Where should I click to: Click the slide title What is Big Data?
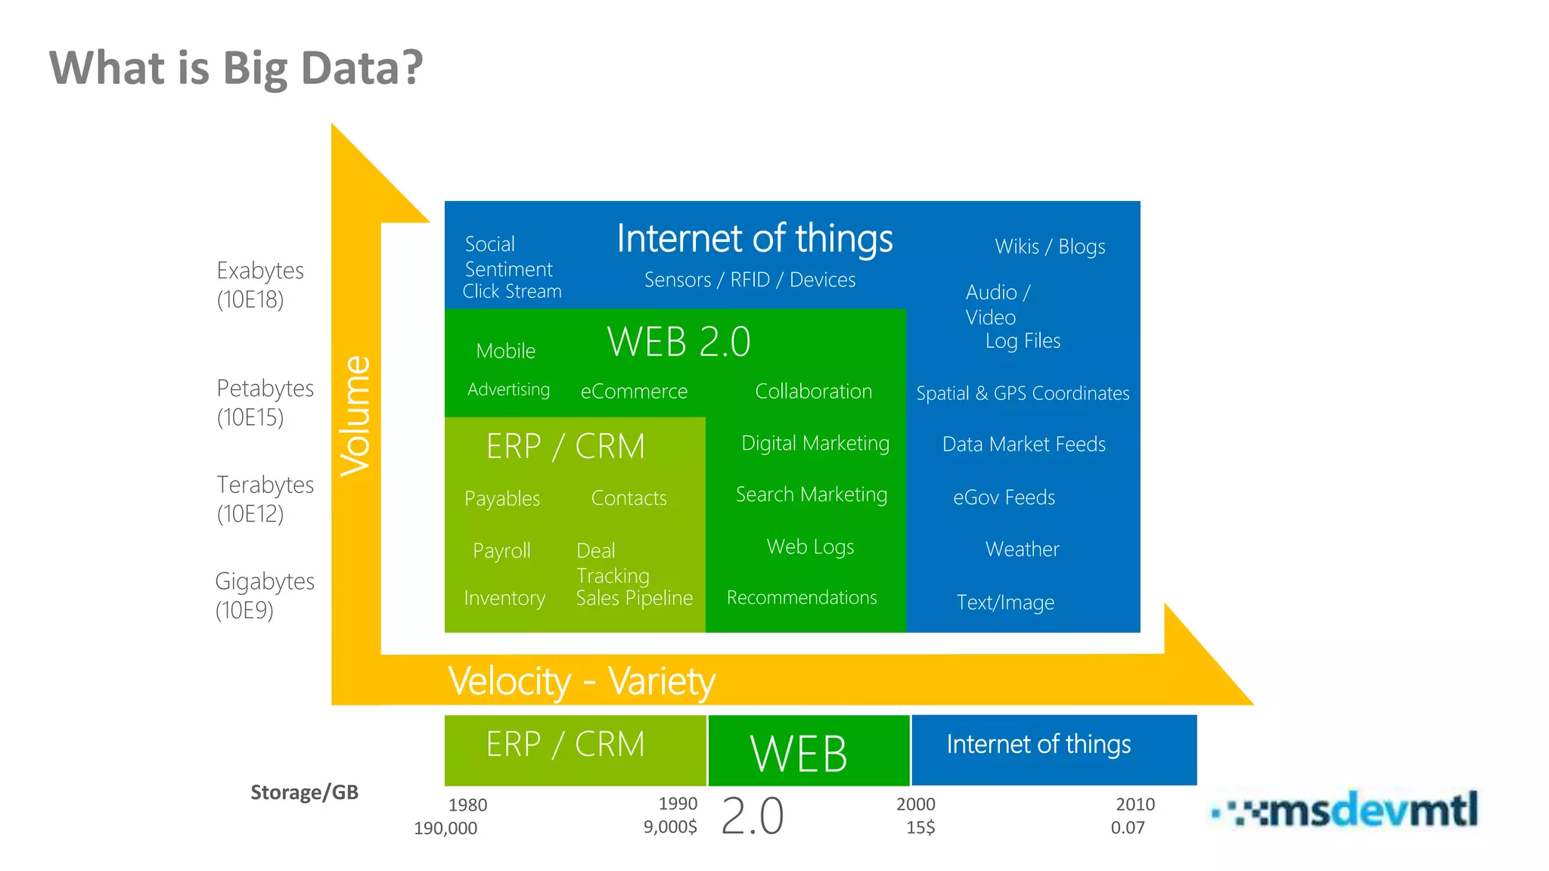tap(236, 68)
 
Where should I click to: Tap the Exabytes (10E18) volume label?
tap(259, 285)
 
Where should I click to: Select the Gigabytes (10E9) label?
tap(264, 596)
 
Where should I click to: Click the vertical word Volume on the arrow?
tap(355, 416)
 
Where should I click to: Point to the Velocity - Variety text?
tap(581, 681)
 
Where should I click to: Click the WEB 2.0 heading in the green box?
tap(678, 342)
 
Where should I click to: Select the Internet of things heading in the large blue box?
tap(754, 238)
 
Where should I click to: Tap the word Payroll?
tap(501, 550)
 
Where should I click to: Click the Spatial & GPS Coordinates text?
tap(1023, 393)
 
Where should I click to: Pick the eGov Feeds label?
tap(1004, 497)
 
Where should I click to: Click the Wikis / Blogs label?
tap(1050, 246)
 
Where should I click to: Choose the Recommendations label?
tap(802, 597)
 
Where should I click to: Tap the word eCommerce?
tap(634, 392)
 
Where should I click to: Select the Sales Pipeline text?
tap(634, 598)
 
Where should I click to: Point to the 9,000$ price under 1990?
tap(670, 827)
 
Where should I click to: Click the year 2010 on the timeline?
tap(1135, 804)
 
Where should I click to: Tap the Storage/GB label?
tap(304, 792)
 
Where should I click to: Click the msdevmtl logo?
tap(1346, 811)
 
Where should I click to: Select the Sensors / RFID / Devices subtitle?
tap(750, 280)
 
